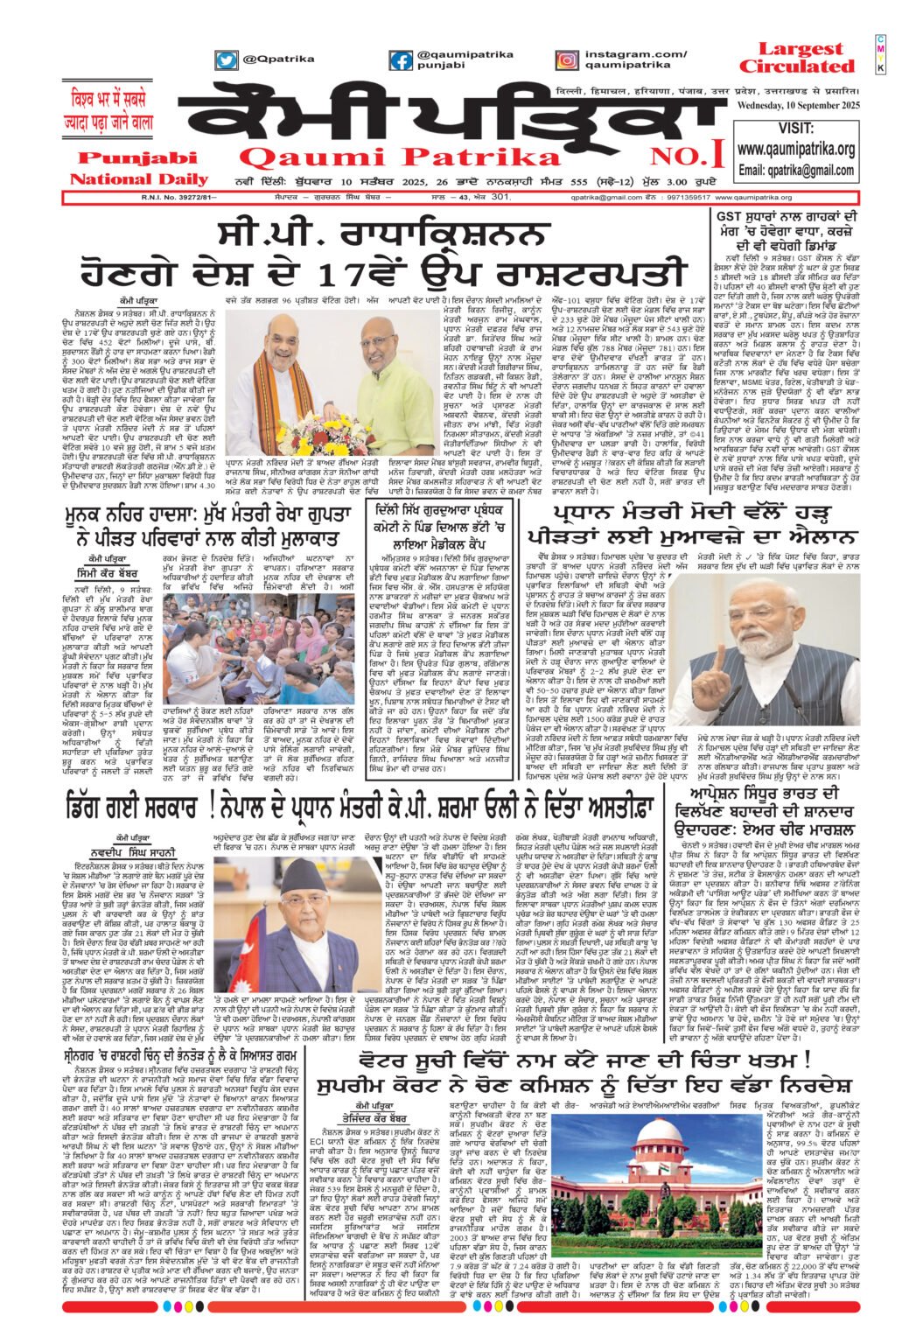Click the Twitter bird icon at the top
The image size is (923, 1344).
(x=227, y=60)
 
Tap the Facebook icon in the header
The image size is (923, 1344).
(x=401, y=60)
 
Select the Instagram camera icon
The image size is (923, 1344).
(x=566, y=60)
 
